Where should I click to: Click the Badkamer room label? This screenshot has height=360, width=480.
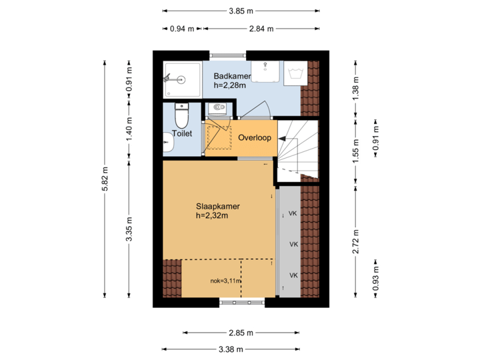pos(231,76)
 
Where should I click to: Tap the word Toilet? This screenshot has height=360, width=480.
pos(182,133)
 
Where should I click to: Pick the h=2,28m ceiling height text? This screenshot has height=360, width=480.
pos(230,85)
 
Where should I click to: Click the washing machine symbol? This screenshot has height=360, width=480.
pos(293,73)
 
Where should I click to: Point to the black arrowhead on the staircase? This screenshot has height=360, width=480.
pos(283,139)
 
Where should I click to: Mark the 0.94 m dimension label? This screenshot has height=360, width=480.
pos(182,29)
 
